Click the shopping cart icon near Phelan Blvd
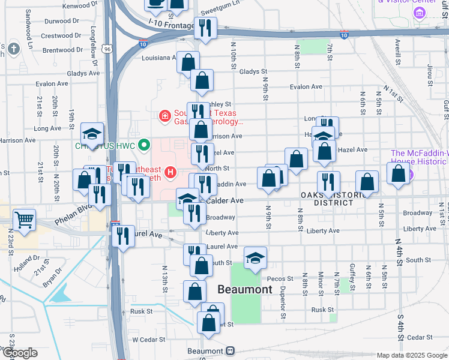tap(23, 220)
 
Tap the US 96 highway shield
tap(106, 48)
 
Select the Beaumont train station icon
tap(230, 351)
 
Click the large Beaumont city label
tap(244, 289)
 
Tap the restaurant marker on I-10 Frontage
tap(205, 28)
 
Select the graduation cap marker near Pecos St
tap(255, 258)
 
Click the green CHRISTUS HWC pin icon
tap(143, 145)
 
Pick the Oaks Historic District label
tap(327, 199)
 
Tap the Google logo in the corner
tap(19, 353)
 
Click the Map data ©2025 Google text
tap(412, 355)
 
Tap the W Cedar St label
tap(148, 340)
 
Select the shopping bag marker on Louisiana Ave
tap(188, 61)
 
